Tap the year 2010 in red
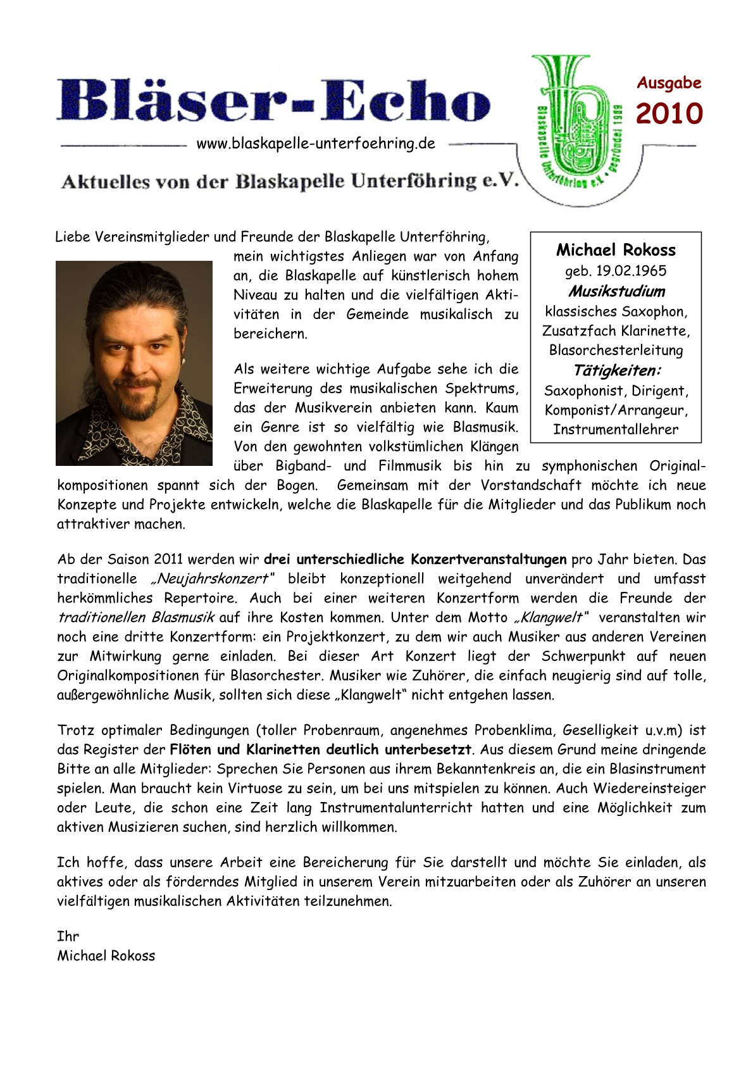[x=669, y=114]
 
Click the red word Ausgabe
[x=669, y=83]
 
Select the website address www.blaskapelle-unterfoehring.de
[x=316, y=144]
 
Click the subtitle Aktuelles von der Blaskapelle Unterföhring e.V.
[x=290, y=182]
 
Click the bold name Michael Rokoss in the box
[x=616, y=250]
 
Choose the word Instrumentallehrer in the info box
[x=616, y=429]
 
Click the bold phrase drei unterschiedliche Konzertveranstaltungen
[x=415, y=560]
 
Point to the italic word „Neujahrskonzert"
[x=212, y=579]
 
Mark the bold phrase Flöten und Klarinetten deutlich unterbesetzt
[x=321, y=749]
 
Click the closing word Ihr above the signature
[x=68, y=936]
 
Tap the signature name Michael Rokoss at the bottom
[x=106, y=956]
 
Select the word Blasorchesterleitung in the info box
[x=616, y=350]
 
